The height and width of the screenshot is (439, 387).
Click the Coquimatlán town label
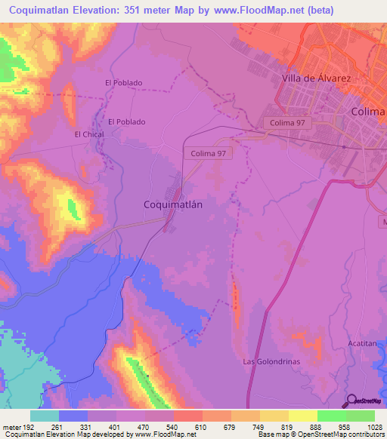(175, 204)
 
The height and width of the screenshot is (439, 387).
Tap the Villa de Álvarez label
(317, 78)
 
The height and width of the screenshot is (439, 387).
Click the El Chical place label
(88, 134)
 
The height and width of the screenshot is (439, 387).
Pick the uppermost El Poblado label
(124, 83)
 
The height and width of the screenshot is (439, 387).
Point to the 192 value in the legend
(27, 427)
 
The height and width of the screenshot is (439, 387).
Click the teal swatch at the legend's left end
(45, 416)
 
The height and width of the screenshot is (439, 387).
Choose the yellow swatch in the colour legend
(302, 416)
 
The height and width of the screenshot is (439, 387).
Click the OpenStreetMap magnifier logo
(351, 401)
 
